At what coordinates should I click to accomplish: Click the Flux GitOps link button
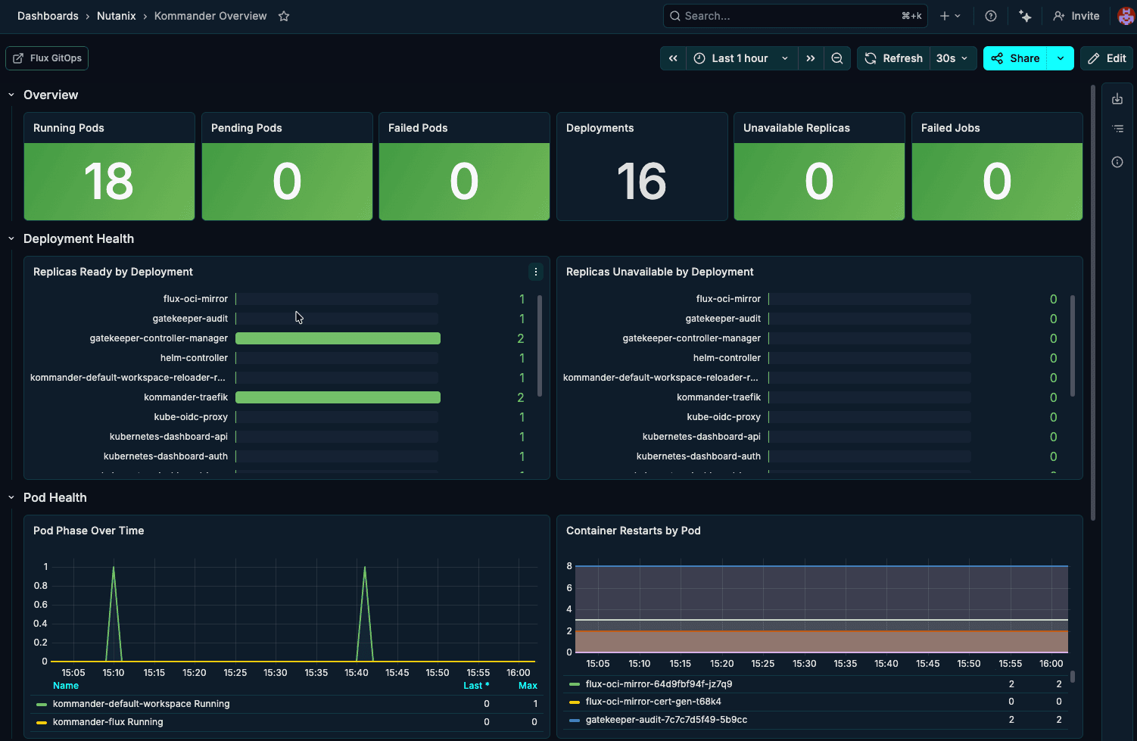47,58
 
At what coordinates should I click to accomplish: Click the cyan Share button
1015,58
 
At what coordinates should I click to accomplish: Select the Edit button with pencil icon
1107,58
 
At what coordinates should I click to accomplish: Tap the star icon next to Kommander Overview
284,16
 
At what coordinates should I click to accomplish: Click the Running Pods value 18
109,182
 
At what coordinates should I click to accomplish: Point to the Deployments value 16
642,182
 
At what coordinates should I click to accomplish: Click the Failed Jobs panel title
950,128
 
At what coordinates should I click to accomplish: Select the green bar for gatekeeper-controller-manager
338,338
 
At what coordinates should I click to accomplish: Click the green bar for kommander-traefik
338,397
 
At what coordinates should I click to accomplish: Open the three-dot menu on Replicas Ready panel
536,272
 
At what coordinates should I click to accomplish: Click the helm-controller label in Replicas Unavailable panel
727,358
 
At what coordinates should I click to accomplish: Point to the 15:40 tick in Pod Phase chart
357,672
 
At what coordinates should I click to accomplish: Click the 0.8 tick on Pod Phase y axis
41,586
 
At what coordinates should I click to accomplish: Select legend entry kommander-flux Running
107,722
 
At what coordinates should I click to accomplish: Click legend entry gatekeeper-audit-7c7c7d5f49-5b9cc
666,720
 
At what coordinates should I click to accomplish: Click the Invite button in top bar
1076,16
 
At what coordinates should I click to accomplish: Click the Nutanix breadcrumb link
116,16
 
